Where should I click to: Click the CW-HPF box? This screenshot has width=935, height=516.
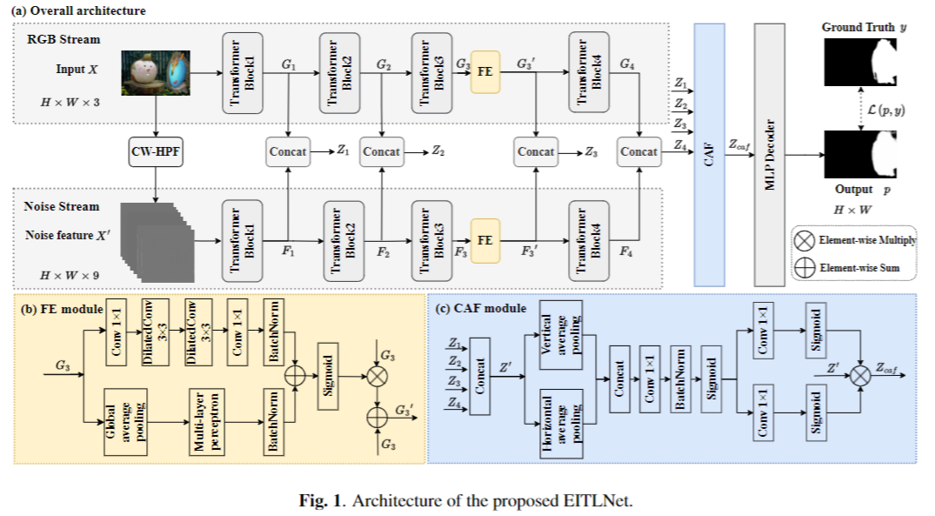(155, 151)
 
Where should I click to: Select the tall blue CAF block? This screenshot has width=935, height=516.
(709, 155)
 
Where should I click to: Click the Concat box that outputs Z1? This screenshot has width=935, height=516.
(288, 151)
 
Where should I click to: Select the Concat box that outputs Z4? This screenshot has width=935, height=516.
(639, 151)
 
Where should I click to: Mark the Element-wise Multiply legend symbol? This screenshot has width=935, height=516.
(805, 239)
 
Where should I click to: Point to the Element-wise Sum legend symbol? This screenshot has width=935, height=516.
(805, 268)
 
